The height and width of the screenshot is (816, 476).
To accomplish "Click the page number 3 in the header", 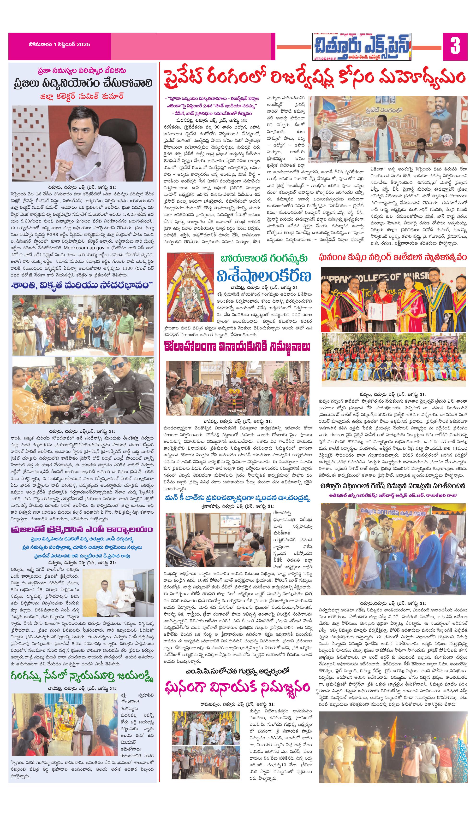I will coord(455,46).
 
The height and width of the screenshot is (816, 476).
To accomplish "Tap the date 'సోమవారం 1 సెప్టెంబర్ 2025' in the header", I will coord(59,45).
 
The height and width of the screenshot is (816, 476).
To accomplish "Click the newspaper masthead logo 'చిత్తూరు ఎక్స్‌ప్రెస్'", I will coord(362,47).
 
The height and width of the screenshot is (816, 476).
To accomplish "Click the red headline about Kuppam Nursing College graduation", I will coord(393,258).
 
